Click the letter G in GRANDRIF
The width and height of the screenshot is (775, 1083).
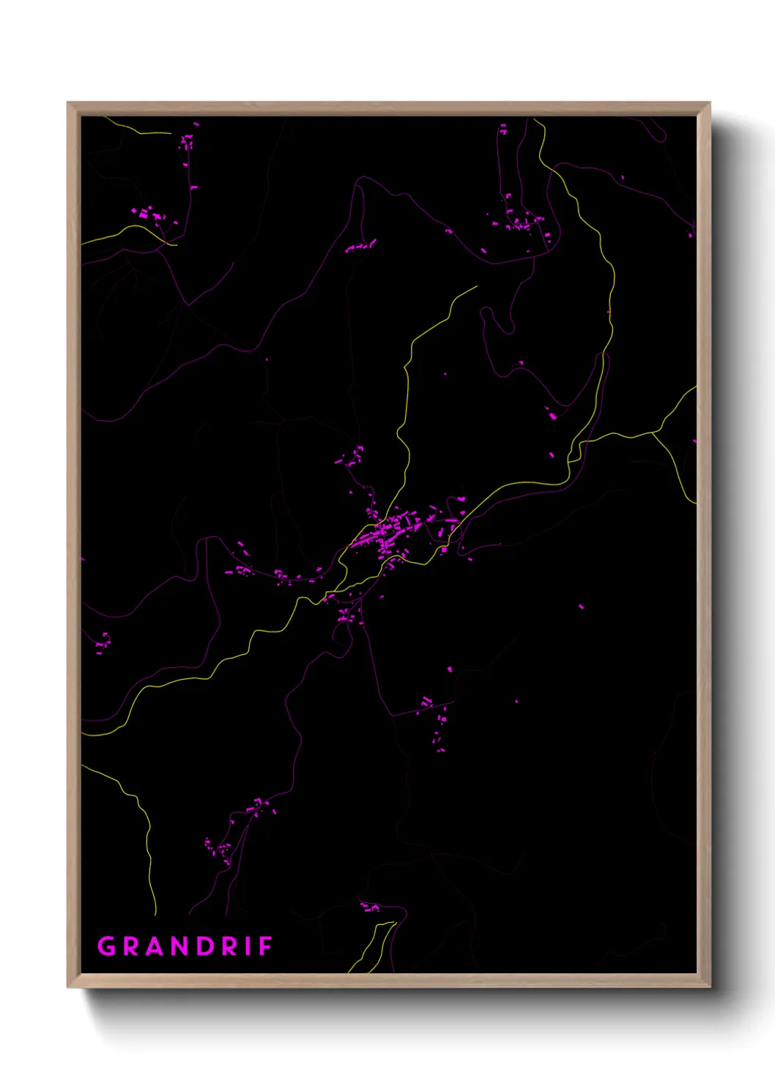tap(107, 946)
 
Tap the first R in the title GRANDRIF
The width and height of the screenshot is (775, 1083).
tap(131, 946)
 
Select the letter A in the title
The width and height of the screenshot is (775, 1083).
tap(155, 946)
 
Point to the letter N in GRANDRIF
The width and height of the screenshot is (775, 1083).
tap(180, 946)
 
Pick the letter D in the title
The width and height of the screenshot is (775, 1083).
tap(205, 946)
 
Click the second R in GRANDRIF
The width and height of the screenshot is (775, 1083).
tap(229, 946)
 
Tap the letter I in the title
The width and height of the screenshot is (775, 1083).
tap(248, 946)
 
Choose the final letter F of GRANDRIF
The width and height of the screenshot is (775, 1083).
tap(265, 946)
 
